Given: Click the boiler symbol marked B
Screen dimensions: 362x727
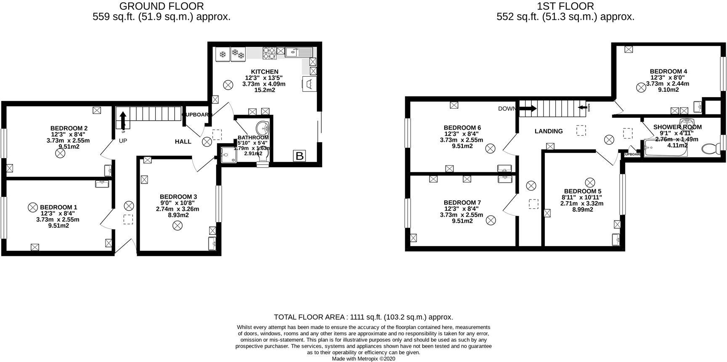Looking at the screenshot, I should point(300,156).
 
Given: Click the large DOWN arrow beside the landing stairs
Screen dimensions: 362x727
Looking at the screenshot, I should point(528,109).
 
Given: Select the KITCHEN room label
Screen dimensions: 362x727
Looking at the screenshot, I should point(265,72).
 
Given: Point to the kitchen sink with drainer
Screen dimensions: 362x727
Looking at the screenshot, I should point(299,52).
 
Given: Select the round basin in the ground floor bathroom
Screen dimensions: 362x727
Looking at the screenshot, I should point(264,127).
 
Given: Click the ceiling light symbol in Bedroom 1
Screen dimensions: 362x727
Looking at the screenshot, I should point(33,207).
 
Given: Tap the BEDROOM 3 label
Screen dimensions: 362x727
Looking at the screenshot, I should point(178,197).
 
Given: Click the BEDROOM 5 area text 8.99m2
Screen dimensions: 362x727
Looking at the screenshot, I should point(582,209).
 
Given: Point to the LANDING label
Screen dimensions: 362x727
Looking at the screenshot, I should point(549,131).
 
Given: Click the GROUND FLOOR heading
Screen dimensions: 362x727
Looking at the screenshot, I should point(162,6).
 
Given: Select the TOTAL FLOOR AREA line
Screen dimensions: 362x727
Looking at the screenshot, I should point(363,317).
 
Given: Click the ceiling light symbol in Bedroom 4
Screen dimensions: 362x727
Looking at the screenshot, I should point(641,87).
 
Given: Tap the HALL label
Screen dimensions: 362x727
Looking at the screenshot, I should point(183,142).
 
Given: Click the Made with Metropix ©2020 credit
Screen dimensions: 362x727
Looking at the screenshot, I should point(363,359).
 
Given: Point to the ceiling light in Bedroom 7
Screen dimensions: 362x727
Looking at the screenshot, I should point(491,220).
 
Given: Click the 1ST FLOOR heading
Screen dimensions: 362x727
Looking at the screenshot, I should point(565,6).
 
